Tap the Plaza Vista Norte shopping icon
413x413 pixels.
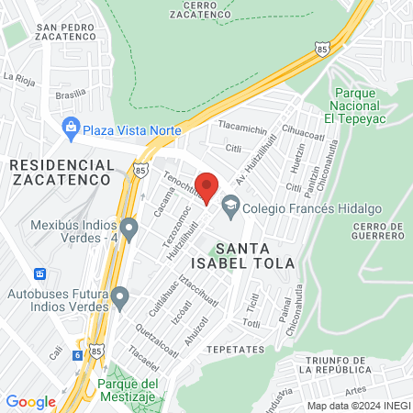(70, 128)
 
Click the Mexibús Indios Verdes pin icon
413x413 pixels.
(128, 227)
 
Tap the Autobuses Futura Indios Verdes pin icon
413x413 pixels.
(119, 296)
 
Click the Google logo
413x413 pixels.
(30, 402)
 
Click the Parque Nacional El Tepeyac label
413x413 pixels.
(363, 105)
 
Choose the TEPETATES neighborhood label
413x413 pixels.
(236, 350)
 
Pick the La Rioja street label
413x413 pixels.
(18, 80)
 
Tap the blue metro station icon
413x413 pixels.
(39, 273)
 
